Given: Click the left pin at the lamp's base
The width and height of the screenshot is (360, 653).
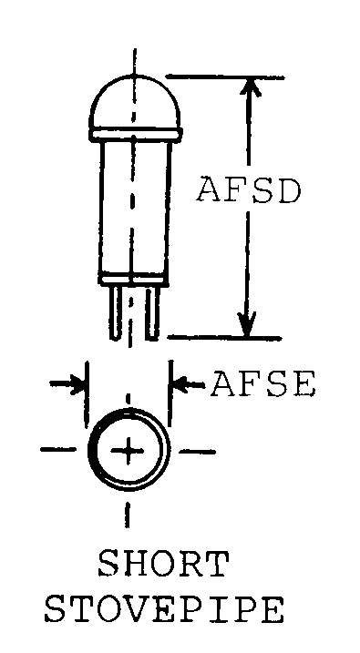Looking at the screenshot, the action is click(x=117, y=312).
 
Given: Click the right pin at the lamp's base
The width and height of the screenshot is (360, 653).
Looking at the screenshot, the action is click(x=152, y=312).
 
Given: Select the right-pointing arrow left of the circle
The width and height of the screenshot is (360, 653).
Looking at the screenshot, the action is click(x=67, y=383).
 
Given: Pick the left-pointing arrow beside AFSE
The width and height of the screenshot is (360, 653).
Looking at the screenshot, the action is click(x=190, y=383).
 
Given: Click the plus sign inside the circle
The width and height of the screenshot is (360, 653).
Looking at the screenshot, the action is click(x=128, y=451).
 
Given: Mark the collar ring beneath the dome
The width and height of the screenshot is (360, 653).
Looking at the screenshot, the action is click(x=135, y=134).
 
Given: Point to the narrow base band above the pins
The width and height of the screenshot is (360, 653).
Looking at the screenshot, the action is click(x=134, y=280).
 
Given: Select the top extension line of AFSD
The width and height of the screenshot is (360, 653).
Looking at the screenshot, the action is click(x=225, y=77).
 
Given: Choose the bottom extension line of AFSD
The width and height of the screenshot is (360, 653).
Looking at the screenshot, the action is click(x=224, y=337).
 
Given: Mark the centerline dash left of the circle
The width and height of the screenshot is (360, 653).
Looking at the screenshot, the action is click(x=58, y=449).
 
